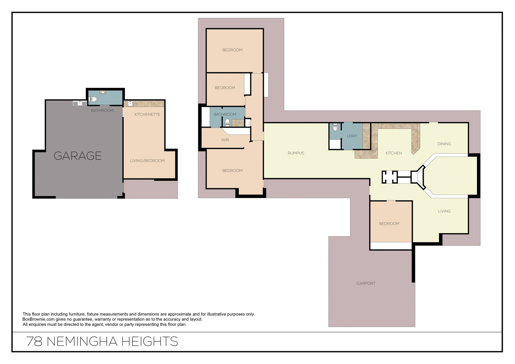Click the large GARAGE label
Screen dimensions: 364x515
click(78, 156)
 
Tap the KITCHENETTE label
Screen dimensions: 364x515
click(147, 114)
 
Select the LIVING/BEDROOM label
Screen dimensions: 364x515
click(147, 161)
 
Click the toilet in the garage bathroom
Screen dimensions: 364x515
click(93, 99)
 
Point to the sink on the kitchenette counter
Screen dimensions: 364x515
click(130, 103)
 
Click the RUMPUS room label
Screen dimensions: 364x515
click(296, 153)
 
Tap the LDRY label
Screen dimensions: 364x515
click(352, 136)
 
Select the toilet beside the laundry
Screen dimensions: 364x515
click(335, 127)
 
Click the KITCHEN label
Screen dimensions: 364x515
click(393, 153)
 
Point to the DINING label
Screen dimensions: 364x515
click(444, 144)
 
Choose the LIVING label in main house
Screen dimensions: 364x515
click(444, 211)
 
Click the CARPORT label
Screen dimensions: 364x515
click(366, 283)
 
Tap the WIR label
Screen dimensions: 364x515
click(225, 140)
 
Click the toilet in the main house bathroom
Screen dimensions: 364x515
click(227, 122)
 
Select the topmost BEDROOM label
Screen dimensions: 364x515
click(232, 50)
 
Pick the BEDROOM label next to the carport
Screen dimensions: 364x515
click(389, 224)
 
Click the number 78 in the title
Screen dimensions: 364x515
click(34, 341)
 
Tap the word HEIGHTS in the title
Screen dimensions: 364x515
click(150, 341)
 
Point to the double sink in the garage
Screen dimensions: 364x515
click(80, 103)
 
